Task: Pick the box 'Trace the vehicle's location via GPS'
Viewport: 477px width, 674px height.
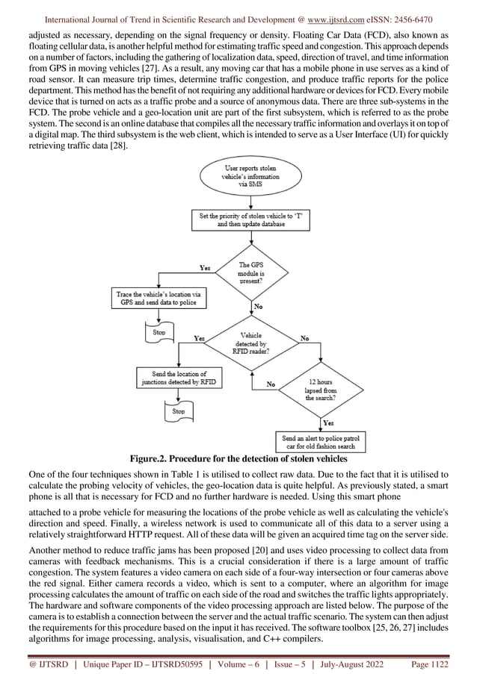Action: [156, 299]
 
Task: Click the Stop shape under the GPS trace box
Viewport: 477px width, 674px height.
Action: [159, 332]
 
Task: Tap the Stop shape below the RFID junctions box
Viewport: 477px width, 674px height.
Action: [179, 411]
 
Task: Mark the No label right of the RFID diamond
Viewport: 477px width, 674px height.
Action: [305, 338]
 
